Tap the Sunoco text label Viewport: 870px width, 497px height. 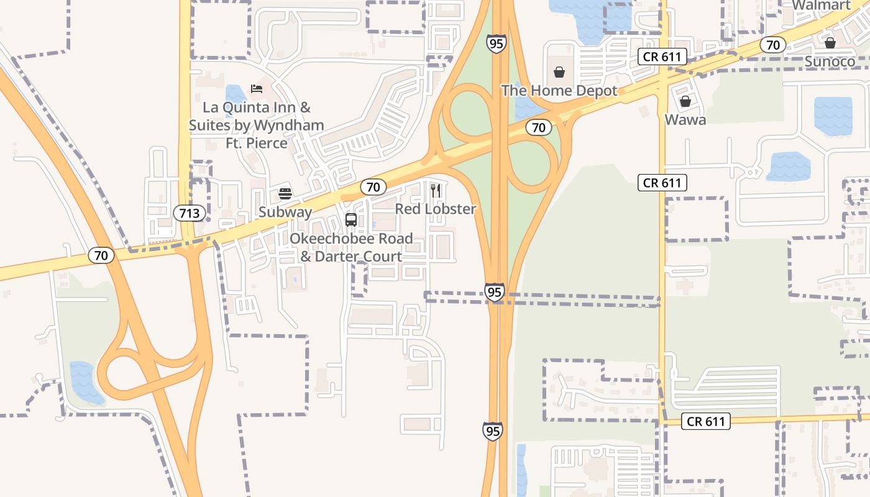pos(830,62)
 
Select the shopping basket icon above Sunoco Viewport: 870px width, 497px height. pos(830,43)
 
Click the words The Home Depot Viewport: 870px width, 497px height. pos(559,91)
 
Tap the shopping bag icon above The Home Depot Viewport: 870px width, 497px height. pos(559,72)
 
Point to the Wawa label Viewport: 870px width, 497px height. pos(685,120)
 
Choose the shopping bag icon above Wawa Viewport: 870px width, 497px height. pos(685,101)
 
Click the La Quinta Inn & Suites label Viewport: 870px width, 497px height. pos(257,125)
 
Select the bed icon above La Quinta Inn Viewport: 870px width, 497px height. pos(257,89)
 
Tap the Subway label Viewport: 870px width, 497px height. pos(285,212)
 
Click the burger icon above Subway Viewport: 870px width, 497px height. pos(285,193)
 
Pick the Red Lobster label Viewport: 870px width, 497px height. pos(436,209)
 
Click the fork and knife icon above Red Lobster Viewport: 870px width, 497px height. pos(436,190)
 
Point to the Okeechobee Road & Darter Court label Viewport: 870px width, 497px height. pos(351,247)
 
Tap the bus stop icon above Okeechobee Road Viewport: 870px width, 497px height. pos(351,220)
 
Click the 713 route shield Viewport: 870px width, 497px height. pos(189,213)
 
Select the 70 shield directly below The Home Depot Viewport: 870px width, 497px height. pos(538,127)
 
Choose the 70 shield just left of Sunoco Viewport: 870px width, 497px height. pos(772,45)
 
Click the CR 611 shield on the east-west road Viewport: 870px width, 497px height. pos(706,421)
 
